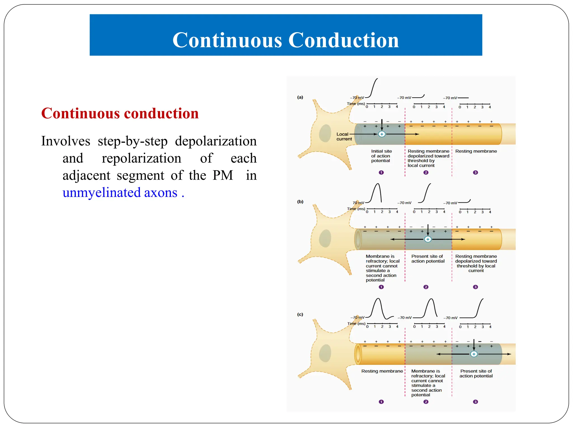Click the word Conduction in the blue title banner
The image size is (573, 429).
click(343, 40)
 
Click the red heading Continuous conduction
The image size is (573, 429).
click(120, 113)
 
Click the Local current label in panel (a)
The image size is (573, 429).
click(344, 137)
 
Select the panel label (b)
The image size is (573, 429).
click(300, 202)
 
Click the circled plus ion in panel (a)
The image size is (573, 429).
click(382, 134)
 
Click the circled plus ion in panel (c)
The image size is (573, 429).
click(474, 354)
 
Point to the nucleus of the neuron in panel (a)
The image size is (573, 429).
click(325, 133)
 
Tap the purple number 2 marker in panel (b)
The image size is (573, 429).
click(426, 287)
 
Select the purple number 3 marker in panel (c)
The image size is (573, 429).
click(475, 402)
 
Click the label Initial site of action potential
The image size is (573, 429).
click(381, 156)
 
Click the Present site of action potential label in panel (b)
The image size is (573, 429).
click(428, 259)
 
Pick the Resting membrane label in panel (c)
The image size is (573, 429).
click(382, 371)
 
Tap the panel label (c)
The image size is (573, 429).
click(300, 314)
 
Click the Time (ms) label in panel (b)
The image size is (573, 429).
click(356, 209)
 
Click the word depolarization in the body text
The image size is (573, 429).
click(215, 141)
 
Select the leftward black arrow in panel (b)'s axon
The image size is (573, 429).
click(403, 239)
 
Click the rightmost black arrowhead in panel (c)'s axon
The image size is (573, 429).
click(509, 354)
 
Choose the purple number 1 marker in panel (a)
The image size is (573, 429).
click(381, 173)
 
